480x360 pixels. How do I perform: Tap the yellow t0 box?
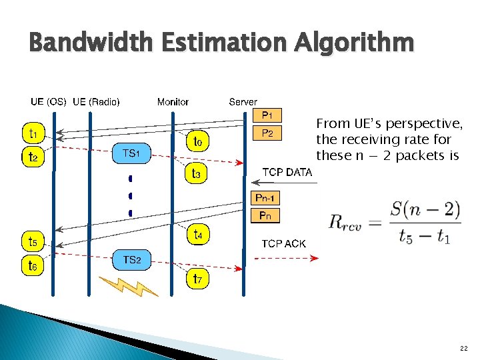[x=198, y=141]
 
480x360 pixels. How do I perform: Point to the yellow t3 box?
[x=198, y=175]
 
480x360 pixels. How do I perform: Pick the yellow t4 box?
[x=198, y=235]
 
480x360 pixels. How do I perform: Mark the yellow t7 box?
[x=198, y=279]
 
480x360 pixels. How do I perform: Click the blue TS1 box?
[x=131, y=154]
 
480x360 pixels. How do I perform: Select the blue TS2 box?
[x=131, y=259]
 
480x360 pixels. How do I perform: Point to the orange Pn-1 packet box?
[x=265, y=198]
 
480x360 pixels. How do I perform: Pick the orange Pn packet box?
[x=265, y=215]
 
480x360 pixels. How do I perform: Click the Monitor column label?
[x=173, y=102]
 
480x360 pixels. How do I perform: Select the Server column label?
[x=243, y=102]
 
